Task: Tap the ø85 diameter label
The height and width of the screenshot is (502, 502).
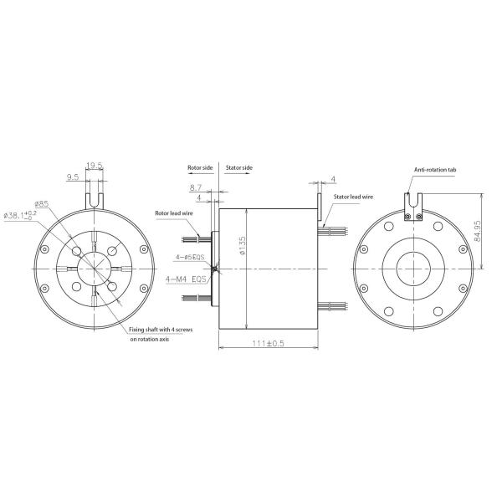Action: [41, 203]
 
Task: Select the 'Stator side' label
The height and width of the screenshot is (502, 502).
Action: [239, 167]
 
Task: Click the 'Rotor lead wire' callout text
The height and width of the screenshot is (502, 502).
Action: [175, 213]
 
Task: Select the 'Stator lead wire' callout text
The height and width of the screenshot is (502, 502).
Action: [353, 197]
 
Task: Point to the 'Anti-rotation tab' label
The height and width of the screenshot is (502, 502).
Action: [434, 169]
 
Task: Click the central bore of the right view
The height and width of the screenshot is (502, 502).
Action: [411, 267]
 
